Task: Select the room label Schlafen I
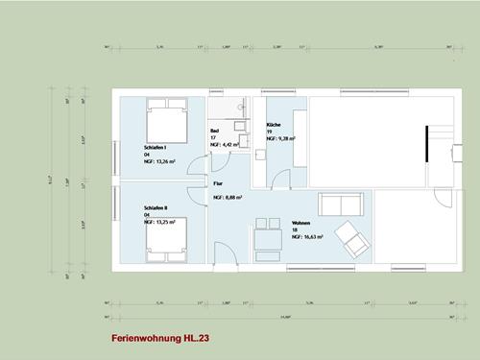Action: click(x=156, y=147)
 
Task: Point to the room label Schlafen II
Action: click(x=156, y=207)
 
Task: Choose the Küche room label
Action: click(x=273, y=126)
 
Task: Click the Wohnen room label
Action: click(x=300, y=223)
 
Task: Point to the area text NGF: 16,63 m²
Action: click(x=307, y=235)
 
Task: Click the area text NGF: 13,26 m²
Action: click(x=159, y=161)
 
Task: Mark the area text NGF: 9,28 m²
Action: click(x=280, y=139)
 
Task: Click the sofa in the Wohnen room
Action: click(x=340, y=204)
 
